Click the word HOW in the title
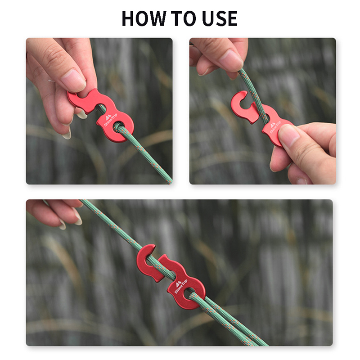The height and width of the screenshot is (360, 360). [144, 18]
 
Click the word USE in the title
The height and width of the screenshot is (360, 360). [220, 18]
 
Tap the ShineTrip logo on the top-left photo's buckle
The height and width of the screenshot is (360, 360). [110, 120]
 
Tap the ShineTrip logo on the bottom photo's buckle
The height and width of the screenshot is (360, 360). [180, 286]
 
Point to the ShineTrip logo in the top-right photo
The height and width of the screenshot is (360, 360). [274, 127]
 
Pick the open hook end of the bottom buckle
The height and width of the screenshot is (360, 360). [146, 260]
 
